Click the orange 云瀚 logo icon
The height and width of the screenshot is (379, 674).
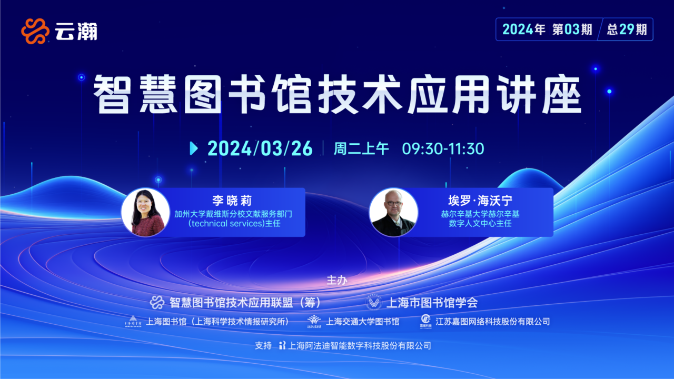35,31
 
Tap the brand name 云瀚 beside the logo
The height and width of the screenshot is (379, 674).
76,31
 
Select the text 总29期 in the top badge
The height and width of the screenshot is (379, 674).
627,29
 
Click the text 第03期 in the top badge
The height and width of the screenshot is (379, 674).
572,29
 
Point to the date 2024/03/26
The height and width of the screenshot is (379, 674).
260,148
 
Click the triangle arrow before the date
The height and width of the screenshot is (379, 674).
194,148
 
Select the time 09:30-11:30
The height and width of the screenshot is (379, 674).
443,148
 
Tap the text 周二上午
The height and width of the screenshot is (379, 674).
361,148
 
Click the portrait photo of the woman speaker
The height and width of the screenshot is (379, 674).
145,212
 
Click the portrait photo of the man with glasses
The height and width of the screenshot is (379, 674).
393,212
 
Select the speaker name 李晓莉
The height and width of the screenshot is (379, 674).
232,201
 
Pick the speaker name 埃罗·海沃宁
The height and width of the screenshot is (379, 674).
480,201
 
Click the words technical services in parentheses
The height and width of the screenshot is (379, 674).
228,224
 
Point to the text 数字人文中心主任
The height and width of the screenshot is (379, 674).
480,224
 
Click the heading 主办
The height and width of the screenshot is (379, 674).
337,280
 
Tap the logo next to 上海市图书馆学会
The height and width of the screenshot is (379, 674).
374,302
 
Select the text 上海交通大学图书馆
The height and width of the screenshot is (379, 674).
363,322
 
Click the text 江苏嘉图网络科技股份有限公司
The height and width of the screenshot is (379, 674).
492,322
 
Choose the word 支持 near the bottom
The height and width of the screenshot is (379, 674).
263,346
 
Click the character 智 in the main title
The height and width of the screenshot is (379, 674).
112,94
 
